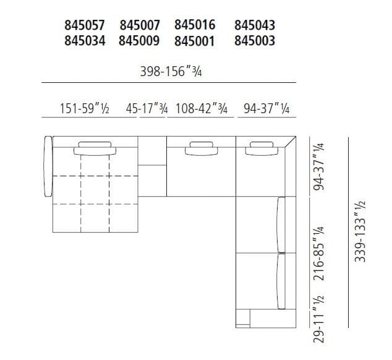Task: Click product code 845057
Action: tap(85, 25)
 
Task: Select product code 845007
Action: tap(140, 25)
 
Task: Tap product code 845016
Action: tap(195, 25)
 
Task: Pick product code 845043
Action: tap(255, 25)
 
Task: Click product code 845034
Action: tap(85, 41)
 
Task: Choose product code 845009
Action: tap(140, 41)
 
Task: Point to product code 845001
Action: tap(195, 41)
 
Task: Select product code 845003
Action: tap(255, 41)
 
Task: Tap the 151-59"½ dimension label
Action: tap(85, 109)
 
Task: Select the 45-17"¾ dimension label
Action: tap(147, 109)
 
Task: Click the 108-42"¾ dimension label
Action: tap(202, 109)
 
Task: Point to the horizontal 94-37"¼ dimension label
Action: tap(266, 109)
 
